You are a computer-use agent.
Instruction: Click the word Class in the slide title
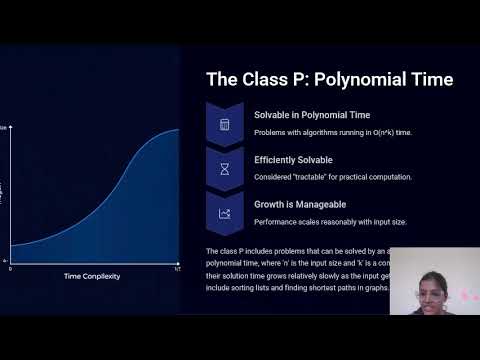click(261, 79)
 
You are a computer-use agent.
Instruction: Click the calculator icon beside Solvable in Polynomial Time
click(225, 124)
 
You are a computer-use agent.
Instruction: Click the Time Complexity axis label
click(92, 276)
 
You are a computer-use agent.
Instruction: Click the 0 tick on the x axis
click(11, 268)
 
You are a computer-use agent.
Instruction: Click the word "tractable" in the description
click(311, 177)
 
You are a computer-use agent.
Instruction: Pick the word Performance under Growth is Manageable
click(275, 221)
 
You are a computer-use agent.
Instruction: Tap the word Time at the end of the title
click(431, 79)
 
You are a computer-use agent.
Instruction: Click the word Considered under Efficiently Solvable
click(273, 177)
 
